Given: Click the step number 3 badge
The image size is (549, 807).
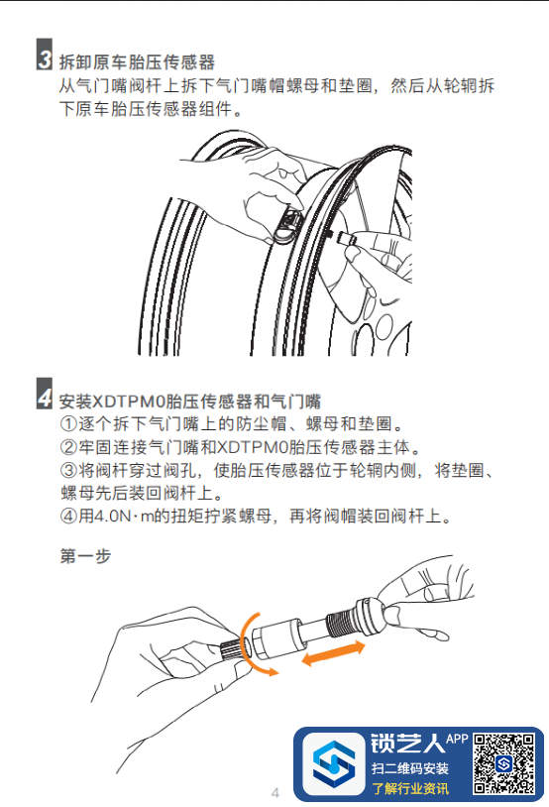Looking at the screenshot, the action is pyautogui.click(x=45, y=55).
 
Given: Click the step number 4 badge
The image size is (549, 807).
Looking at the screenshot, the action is pyautogui.click(x=45, y=394).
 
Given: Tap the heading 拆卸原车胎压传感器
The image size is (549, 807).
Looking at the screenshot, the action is pyautogui.click(x=137, y=62).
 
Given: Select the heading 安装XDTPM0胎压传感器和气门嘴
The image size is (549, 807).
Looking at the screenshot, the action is pyautogui.click(x=190, y=401).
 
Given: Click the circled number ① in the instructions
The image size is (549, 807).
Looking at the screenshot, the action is pyautogui.click(x=68, y=424).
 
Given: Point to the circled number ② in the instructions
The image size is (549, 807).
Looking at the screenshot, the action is pyautogui.click(x=68, y=447).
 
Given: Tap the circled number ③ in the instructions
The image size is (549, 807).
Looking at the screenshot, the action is pyautogui.click(x=68, y=470).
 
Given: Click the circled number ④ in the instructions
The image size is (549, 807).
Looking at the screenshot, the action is pyautogui.click(x=68, y=516).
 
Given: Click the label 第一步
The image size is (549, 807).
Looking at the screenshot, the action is pyautogui.click(x=85, y=556).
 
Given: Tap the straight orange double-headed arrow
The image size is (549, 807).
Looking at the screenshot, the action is pyautogui.click(x=333, y=653).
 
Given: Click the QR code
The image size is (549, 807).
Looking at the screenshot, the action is pyautogui.click(x=503, y=763).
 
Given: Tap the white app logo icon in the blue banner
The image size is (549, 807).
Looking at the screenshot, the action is pyautogui.click(x=333, y=763).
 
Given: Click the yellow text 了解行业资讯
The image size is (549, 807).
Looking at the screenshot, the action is pyautogui.click(x=410, y=788).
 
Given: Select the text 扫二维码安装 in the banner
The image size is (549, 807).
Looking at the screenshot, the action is pyautogui.click(x=410, y=768).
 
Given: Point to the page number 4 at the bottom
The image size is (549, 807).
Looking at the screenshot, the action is pyautogui.click(x=275, y=792).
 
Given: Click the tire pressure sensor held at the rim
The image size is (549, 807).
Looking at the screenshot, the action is pyautogui.click(x=287, y=225).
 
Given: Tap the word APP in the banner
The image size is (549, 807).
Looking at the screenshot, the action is pyautogui.click(x=457, y=739).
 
